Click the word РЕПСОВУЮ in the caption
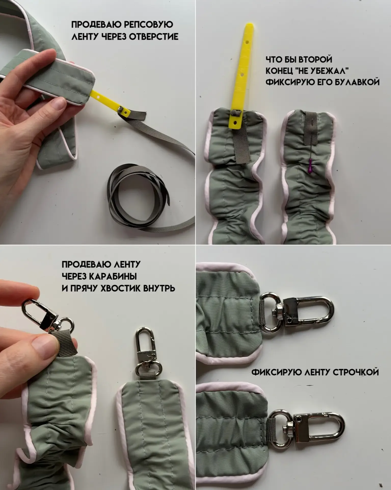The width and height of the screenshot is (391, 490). click(x=148, y=24)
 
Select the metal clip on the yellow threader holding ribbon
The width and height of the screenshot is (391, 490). click(x=124, y=111)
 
